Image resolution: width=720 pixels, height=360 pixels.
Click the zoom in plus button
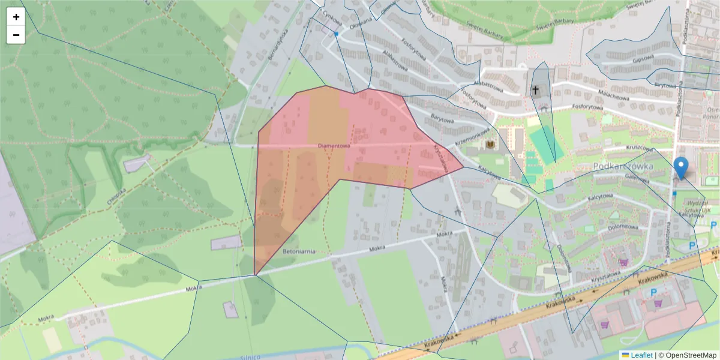[16, 17]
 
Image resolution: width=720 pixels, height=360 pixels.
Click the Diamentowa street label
[334, 146]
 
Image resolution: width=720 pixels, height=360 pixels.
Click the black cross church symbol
[535, 91]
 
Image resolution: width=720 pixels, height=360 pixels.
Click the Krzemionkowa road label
[472, 138]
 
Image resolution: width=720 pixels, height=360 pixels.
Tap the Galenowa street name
[637, 178]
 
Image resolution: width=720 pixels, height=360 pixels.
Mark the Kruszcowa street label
[639, 147]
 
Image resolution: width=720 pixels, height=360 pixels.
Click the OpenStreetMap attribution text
[689, 355]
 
